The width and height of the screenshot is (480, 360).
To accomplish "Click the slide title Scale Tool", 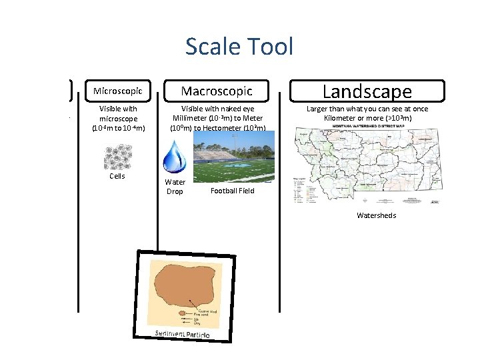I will point(239,47).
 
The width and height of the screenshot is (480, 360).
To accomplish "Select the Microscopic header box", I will point(118,91).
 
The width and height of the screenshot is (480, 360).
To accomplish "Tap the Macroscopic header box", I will point(217,91).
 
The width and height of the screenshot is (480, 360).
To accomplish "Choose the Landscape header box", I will point(367,91).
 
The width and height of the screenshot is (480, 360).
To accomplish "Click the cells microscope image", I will point(117,157).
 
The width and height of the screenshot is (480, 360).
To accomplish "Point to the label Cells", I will point(117,177).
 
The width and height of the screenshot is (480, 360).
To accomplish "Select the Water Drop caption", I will point(175,187).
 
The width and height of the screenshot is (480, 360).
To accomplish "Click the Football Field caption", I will point(232,191).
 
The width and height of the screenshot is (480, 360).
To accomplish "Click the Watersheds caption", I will point(376,215).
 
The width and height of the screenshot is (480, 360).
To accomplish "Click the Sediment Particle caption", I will point(182,334).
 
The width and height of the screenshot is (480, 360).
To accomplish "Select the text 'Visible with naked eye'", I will point(217,109).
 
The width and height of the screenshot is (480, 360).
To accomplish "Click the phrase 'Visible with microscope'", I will point(117,113).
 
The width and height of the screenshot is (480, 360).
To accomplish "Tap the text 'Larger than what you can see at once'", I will point(367,109).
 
